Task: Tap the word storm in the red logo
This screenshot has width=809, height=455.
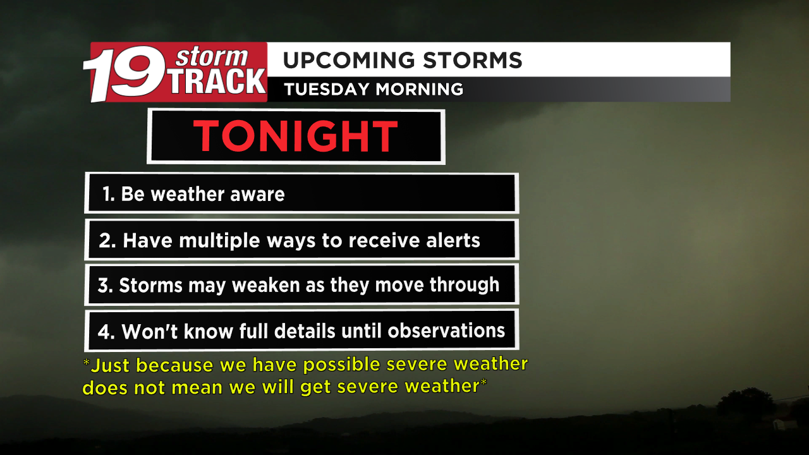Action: (211, 58)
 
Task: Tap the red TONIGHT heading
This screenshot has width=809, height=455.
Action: (296, 136)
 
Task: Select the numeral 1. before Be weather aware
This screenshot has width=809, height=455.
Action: (108, 194)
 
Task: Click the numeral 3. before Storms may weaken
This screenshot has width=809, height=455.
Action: (105, 286)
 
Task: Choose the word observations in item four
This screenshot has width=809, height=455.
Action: (446, 331)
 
